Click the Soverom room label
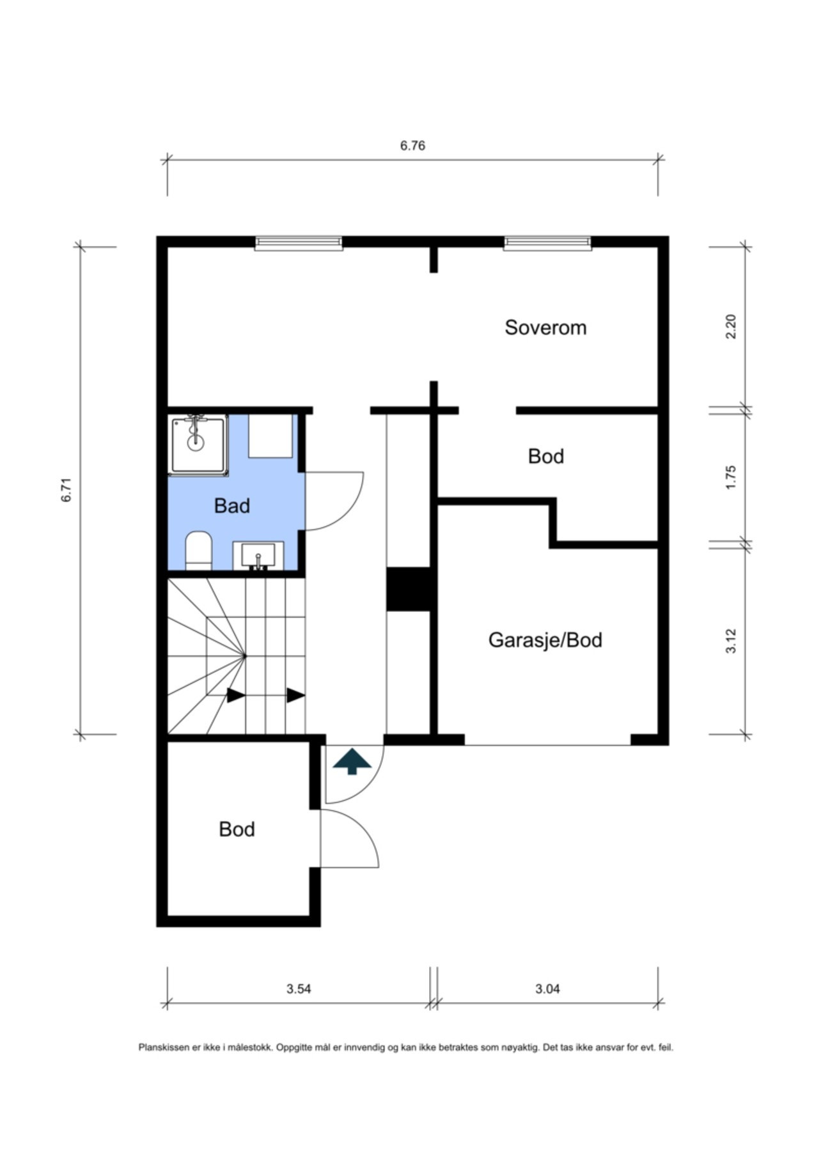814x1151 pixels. coord(545,327)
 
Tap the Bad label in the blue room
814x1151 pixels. coord(231,506)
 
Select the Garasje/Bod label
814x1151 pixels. coord(545,640)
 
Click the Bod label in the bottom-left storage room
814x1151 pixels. coord(237,829)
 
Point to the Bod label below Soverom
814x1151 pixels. coord(546,457)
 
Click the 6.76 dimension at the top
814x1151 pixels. coord(412,146)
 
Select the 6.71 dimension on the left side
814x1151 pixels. coord(67,490)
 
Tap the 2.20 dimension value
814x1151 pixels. coord(732,327)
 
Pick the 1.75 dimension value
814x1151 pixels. coord(732,477)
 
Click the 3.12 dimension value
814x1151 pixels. coord(732,641)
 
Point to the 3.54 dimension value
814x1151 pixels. coord(299,989)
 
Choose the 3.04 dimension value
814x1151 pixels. coord(547,989)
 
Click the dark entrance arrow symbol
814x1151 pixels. coord(352,762)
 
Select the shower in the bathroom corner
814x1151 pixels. coord(198,446)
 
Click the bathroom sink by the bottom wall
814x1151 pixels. coord(258,556)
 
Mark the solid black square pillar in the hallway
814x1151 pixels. coord(409,589)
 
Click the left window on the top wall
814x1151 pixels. coord(299,243)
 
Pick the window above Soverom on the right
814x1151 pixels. coord(547,243)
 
